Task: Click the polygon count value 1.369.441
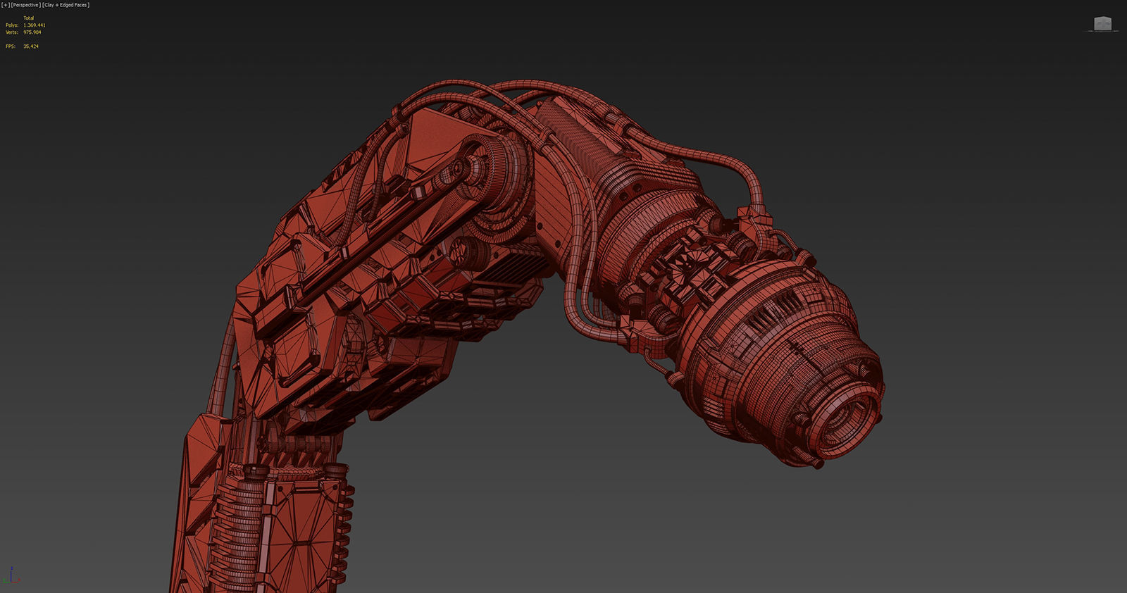34,25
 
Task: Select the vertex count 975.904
32,32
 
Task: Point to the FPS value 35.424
31,46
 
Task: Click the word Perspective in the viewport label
25,5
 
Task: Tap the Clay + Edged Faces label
66,5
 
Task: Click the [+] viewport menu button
6,5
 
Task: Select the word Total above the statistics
29,18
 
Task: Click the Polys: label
12,25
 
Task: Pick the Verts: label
12,32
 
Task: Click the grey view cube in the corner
1102,24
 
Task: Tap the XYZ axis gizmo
11,576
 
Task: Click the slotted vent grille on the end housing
775,310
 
